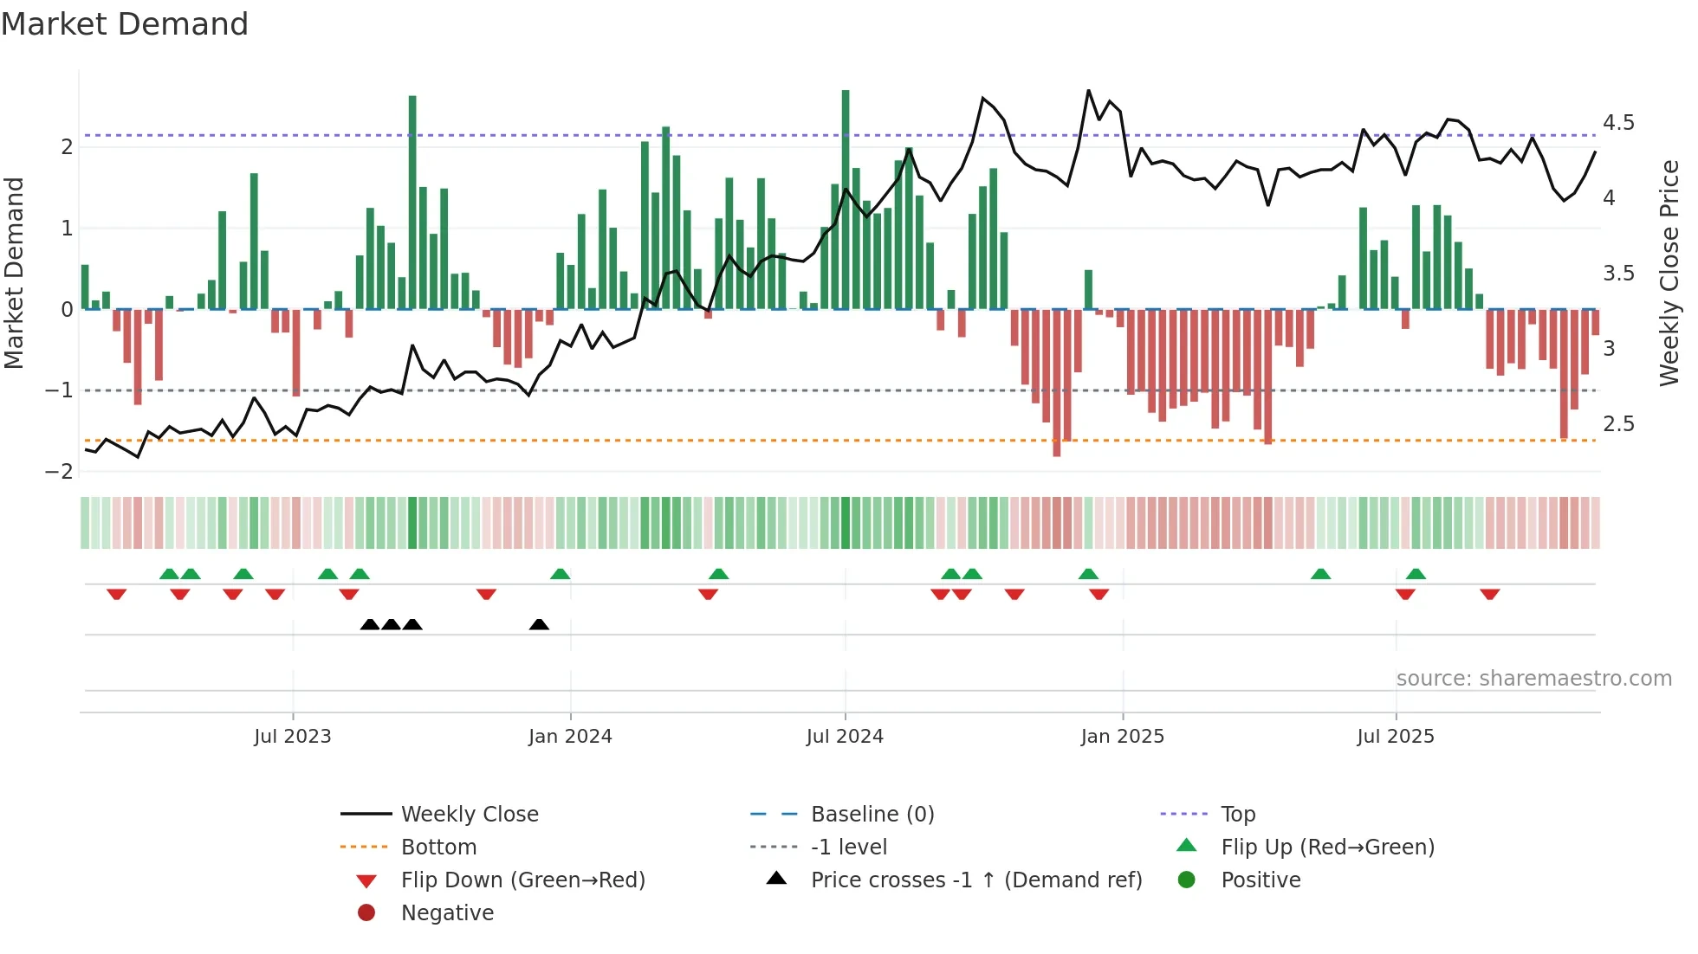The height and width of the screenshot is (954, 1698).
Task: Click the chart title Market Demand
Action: coord(125,24)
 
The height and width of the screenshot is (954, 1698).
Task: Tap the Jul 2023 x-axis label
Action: coord(292,737)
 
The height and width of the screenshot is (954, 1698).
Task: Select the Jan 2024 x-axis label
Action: coord(570,737)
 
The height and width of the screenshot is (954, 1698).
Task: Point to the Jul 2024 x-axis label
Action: coord(845,737)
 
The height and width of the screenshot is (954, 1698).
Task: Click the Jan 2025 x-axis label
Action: coord(1123,737)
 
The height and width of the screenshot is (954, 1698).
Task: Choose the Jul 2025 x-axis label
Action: coord(1396,737)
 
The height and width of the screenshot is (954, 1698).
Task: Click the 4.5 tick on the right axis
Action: coord(1618,123)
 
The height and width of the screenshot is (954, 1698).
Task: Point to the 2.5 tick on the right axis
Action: coord(1618,424)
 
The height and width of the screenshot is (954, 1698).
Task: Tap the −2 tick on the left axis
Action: coord(59,472)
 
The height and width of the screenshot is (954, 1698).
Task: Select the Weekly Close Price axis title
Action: coord(1669,273)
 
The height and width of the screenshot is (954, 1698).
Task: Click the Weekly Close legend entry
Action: coord(470,815)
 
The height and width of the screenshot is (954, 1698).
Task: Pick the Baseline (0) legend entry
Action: coord(872,815)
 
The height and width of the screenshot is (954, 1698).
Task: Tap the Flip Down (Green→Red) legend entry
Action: coord(522,880)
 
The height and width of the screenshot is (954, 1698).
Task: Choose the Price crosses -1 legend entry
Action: coord(976,880)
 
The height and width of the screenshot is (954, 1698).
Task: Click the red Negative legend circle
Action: coord(366,913)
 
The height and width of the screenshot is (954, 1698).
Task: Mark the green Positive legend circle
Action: coord(1187,880)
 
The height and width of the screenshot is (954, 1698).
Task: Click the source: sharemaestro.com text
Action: coord(1533,679)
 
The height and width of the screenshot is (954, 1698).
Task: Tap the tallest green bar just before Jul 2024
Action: coord(846,199)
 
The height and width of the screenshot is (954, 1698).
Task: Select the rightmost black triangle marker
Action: coord(539,625)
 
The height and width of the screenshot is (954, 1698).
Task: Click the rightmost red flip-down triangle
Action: coord(1490,594)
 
